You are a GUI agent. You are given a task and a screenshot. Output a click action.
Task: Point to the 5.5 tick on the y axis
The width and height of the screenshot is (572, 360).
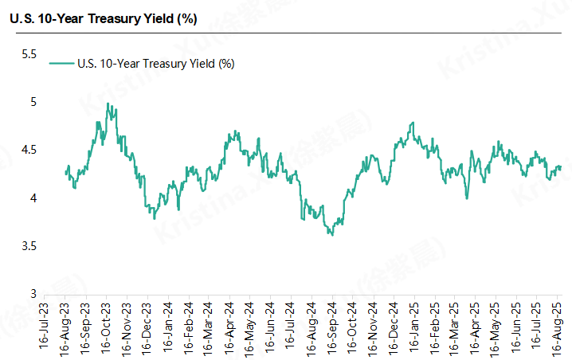(x=29, y=54)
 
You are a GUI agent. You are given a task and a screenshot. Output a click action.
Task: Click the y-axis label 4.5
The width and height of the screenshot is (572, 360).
(x=29, y=150)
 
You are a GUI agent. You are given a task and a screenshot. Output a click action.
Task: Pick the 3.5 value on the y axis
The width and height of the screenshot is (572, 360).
(x=29, y=246)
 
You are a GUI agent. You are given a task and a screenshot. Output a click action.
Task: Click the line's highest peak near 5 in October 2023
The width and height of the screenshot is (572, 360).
(x=107, y=104)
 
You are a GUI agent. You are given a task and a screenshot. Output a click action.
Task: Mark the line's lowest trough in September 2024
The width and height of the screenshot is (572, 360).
(x=331, y=234)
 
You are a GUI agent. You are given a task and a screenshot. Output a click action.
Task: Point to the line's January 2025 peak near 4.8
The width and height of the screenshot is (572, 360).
(x=413, y=123)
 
